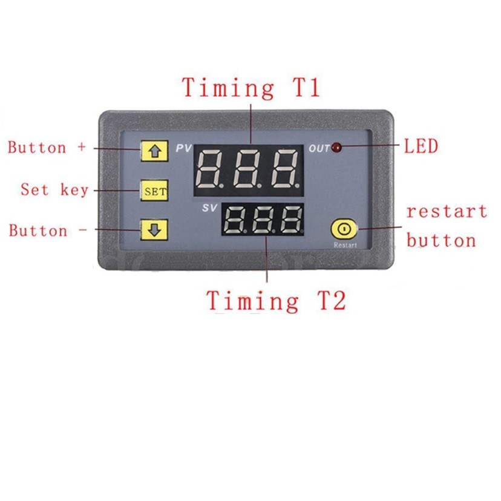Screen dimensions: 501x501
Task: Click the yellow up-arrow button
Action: (154, 151)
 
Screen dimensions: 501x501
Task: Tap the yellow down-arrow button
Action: (154, 230)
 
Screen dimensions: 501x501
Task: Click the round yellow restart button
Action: (344, 230)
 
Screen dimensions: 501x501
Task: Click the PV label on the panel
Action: (183, 148)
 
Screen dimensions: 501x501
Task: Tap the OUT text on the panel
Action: (319, 148)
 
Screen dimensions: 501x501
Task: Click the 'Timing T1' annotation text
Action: (250, 88)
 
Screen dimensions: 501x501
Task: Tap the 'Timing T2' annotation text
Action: (276, 300)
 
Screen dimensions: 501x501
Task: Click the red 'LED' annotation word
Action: (421, 146)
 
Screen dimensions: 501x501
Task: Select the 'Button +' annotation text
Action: (47, 148)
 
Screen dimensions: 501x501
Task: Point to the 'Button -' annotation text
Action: (47, 231)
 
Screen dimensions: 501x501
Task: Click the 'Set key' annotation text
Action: (54, 189)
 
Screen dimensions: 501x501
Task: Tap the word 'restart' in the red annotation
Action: (446, 212)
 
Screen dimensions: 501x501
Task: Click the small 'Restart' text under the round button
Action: (345, 246)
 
